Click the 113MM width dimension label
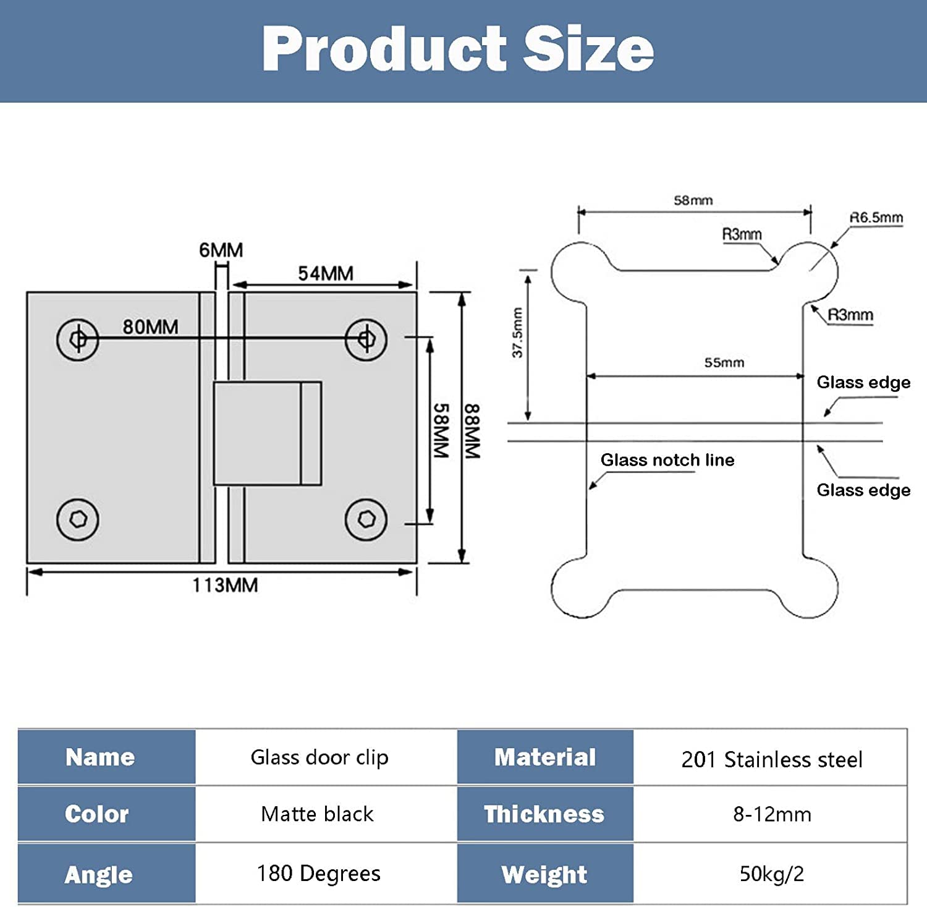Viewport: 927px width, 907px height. click(x=225, y=585)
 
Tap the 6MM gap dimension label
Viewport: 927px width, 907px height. click(x=221, y=250)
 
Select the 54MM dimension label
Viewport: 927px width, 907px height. click(x=326, y=273)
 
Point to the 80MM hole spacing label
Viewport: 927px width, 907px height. click(x=150, y=326)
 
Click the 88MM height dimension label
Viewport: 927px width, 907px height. click(x=472, y=431)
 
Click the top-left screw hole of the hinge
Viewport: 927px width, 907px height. click(x=78, y=339)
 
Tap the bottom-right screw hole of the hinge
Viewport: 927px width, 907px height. click(x=366, y=519)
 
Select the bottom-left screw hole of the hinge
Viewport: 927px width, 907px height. click(x=78, y=519)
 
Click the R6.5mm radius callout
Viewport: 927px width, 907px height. click(x=876, y=218)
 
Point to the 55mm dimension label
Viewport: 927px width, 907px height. click(x=724, y=362)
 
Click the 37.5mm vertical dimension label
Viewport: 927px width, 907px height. click(x=517, y=333)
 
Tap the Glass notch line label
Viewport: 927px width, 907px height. click(x=667, y=460)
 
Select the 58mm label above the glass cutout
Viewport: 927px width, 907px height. click(x=693, y=200)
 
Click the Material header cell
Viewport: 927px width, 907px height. click(x=545, y=757)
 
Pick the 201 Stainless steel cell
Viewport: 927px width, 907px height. click(x=772, y=759)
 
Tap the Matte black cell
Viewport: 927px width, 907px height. click(x=317, y=814)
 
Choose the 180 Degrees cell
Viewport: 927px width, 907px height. click(x=319, y=873)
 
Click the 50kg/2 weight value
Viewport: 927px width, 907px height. click(x=772, y=874)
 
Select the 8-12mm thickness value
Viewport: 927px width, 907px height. click(x=772, y=814)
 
